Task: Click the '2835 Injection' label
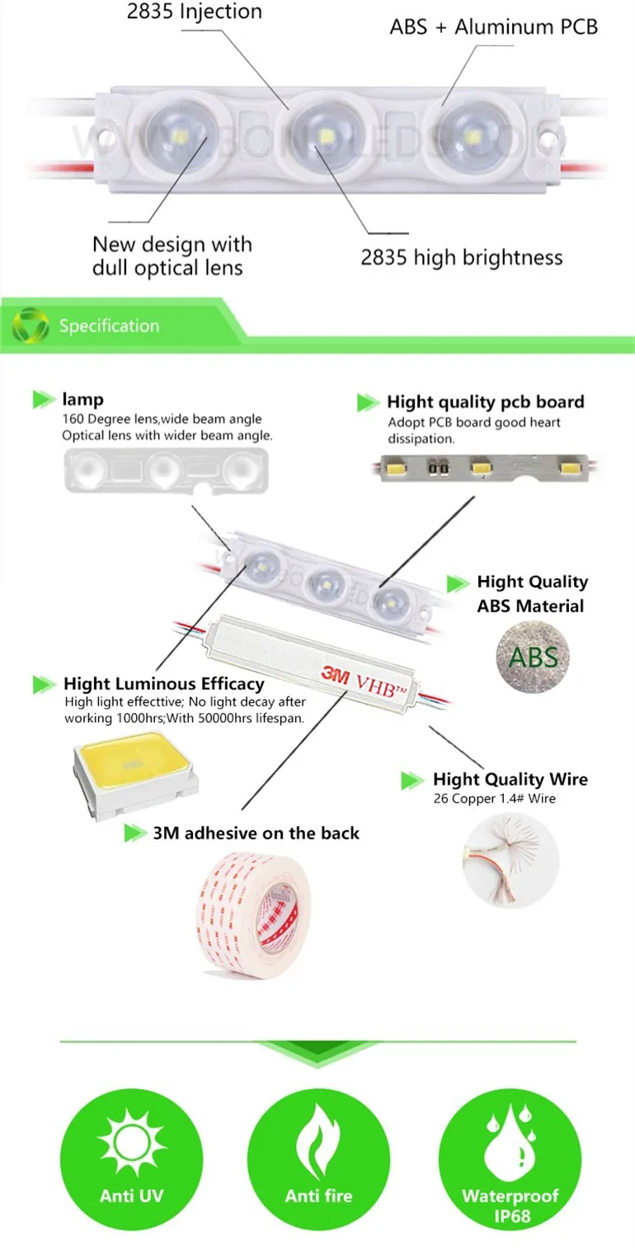[194, 12]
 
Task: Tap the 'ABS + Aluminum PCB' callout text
[493, 27]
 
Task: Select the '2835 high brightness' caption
[461, 257]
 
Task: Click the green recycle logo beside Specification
[30, 324]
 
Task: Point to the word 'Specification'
[109, 326]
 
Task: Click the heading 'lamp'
[82, 399]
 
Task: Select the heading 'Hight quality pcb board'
[485, 402]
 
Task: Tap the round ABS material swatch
[533, 656]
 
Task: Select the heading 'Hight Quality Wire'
[510, 779]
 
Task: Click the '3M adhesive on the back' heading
[256, 833]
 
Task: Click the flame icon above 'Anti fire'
[317, 1142]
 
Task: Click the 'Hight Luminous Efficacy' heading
[163, 683]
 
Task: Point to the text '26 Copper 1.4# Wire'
[494, 798]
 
